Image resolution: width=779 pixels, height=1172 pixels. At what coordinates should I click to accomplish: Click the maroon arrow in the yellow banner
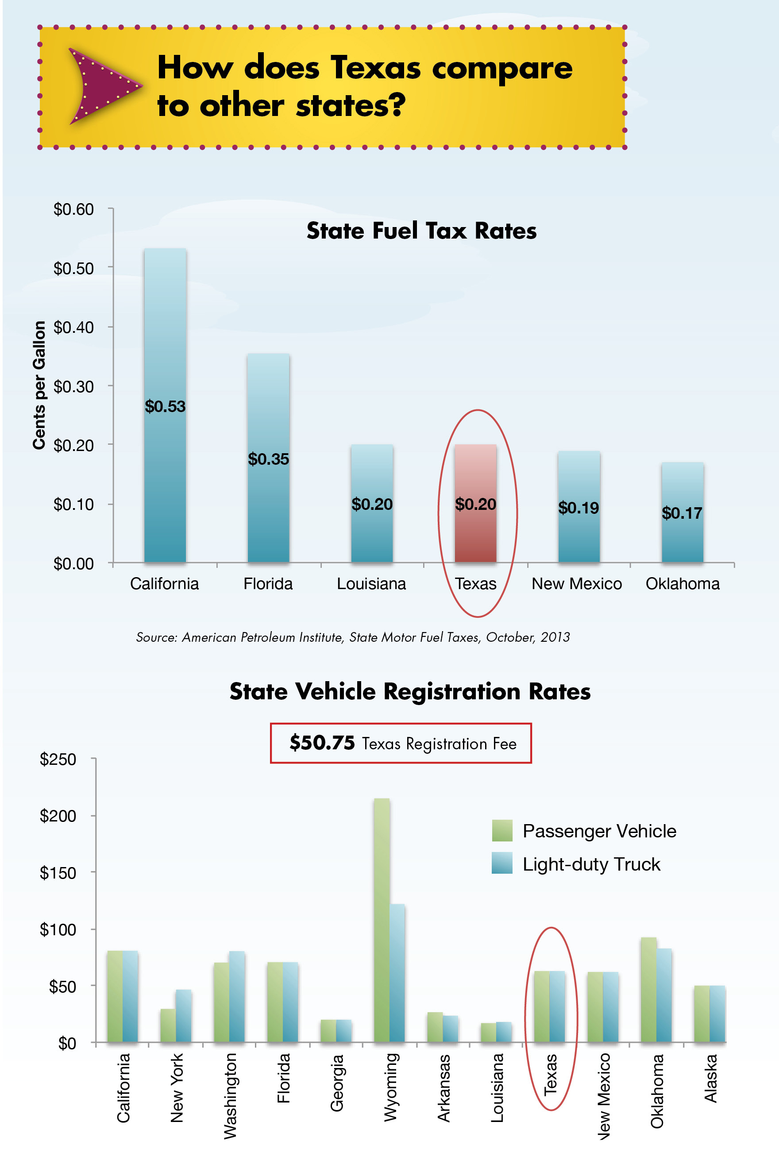[102, 85]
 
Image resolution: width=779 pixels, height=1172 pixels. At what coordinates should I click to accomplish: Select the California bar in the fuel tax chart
[165, 405]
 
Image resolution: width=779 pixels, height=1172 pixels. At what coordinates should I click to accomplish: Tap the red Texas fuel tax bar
[475, 503]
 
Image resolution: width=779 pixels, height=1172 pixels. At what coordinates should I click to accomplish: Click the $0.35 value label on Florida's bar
[268, 459]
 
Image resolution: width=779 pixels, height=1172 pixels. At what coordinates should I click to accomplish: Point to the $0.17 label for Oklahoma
[682, 513]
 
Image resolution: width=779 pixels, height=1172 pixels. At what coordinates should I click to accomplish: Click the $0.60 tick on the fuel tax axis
[73, 209]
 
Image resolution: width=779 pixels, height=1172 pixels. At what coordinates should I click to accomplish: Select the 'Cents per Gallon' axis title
[39, 385]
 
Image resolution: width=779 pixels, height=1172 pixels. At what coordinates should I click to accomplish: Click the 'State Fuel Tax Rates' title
[421, 231]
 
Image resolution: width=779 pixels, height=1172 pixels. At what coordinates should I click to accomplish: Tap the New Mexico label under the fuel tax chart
[576, 583]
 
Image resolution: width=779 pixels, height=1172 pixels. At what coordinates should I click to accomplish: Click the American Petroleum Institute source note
[353, 637]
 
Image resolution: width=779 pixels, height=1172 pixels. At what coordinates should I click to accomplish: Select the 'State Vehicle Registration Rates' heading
[410, 691]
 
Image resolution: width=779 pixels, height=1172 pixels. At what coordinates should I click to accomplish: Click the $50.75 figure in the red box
[322, 743]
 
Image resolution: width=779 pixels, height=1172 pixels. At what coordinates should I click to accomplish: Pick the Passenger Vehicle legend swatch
[502, 830]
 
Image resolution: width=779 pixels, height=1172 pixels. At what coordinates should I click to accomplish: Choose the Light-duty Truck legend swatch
[502, 863]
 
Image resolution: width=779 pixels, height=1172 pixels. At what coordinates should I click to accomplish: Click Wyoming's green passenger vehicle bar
[382, 919]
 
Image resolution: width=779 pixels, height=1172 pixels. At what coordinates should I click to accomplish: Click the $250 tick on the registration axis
[58, 759]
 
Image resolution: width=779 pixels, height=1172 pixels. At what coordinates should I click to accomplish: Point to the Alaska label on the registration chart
[710, 1078]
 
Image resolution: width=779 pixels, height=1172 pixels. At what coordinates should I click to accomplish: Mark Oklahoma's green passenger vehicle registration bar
[648, 989]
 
